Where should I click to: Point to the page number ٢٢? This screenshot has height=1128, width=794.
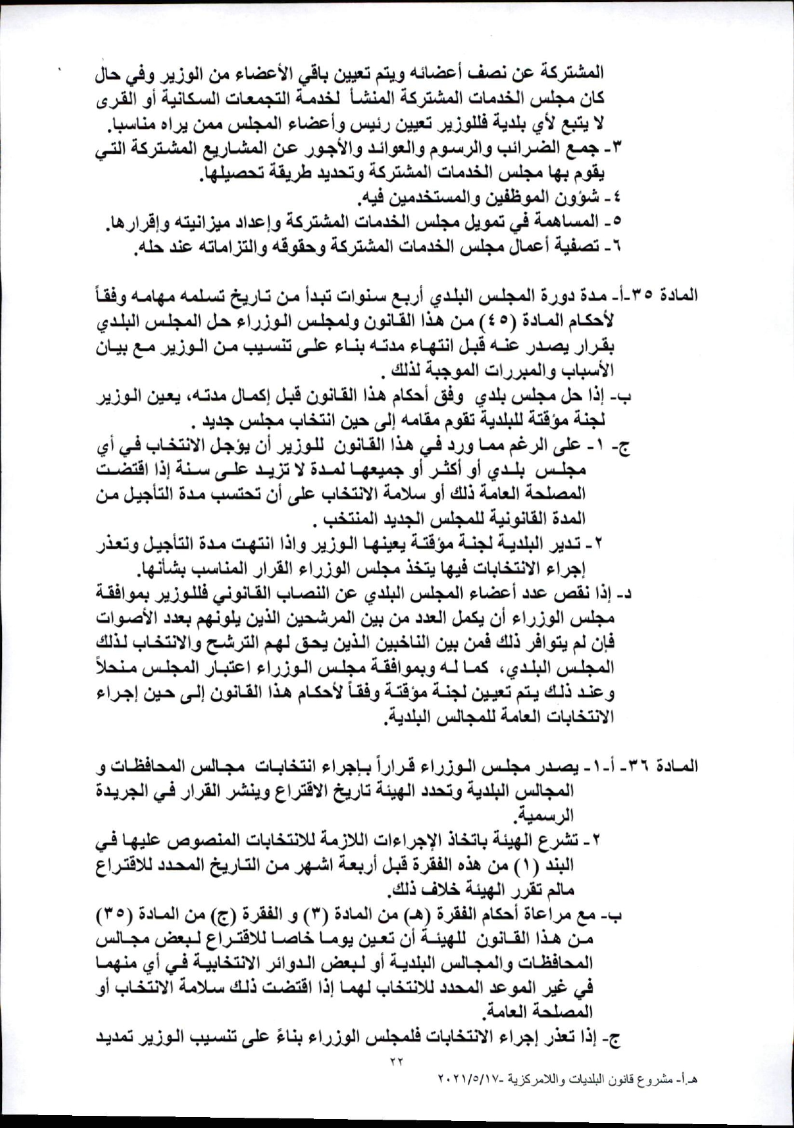pyautogui.click(x=396, y=1062)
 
